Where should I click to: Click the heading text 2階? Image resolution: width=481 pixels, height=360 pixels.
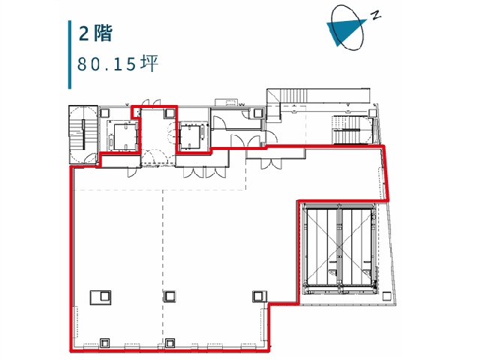pyautogui.click(x=95, y=33)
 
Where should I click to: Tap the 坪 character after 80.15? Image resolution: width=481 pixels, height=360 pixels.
pyautogui.click(x=149, y=64)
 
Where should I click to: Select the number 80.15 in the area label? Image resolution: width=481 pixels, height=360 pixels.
pyautogui.click(x=106, y=64)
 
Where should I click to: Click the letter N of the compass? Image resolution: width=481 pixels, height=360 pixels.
pyautogui.click(x=376, y=15)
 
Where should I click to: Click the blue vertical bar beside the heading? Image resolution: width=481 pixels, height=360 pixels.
pyautogui.click(x=70, y=55)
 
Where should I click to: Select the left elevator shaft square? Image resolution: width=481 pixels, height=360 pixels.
pyautogui.click(x=125, y=136)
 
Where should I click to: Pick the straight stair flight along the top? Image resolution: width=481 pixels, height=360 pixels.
pyautogui.click(x=294, y=95)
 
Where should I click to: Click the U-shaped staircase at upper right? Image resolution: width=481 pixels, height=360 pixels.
pyautogui.click(x=351, y=130)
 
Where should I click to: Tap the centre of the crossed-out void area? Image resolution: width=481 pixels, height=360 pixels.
pyautogui.click(x=339, y=247)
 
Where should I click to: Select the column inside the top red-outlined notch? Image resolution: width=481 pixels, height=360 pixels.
pyautogui.click(x=169, y=113)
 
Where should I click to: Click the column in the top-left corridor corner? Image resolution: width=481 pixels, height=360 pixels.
pyautogui.click(x=104, y=112)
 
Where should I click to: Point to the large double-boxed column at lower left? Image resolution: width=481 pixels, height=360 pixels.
pyautogui.click(x=101, y=298)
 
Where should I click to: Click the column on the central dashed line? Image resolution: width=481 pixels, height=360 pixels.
pyautogui.click(x=170, y=296)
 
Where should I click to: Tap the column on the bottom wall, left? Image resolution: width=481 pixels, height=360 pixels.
pyautogui.click(x=105, y=343)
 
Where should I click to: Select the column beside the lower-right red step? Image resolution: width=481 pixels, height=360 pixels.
pyautogui.click(x=259, y=296)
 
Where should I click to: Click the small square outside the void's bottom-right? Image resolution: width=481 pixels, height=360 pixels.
pyautogui.click(x=386, y=296)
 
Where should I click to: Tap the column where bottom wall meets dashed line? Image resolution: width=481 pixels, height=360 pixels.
pyautogui.click(x=170, y=343)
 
